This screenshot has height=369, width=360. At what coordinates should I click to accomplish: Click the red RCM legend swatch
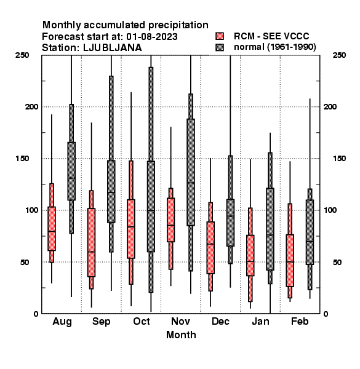click(x=220, y=36)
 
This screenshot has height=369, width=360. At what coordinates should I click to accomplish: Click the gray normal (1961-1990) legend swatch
click(x=220, y=47)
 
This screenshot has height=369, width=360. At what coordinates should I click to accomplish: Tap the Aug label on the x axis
click(x=62, y=322)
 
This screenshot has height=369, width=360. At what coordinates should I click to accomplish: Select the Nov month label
click(x=180, y=321)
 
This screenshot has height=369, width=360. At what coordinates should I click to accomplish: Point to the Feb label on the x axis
click(x=300, y=321)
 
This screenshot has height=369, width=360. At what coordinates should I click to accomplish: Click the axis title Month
click(x=181, y=335)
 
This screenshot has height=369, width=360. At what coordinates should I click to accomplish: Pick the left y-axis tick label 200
click(x=32, y=107)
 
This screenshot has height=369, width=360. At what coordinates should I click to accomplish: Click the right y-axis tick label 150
click(x=339, y=159)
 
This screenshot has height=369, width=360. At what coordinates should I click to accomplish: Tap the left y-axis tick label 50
click(x=25, y=262)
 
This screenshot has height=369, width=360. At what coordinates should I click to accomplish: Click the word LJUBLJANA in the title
click(x=113, y=48)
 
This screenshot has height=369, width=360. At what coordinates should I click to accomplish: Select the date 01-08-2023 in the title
click(x=152, y=37)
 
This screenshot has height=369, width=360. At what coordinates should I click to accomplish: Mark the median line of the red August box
click(x=52, y=231)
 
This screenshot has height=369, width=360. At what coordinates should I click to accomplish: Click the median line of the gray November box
click(x=191, y=183)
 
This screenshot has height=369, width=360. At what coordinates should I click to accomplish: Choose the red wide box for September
click(x=91, y=243)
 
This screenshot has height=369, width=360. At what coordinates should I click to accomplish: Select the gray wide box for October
click(x=151, y=207)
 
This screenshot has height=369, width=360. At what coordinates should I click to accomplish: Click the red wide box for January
click(x=250, y=255)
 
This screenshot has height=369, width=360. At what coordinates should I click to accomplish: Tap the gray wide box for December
click(x=231, y=223)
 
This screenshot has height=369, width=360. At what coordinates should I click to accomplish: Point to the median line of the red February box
click(x=290, y=262)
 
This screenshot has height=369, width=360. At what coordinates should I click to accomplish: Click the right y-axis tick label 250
click(x=339, y=55)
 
